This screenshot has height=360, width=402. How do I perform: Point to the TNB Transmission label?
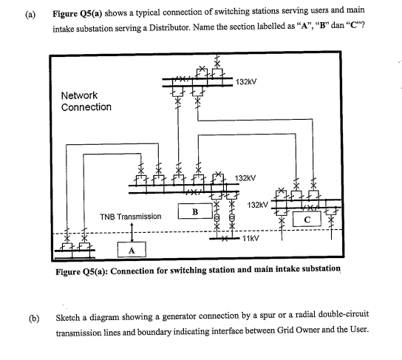[130, 217]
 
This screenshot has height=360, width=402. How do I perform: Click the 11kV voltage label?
[251, 240]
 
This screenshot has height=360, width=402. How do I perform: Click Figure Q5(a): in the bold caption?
[86, 271]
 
